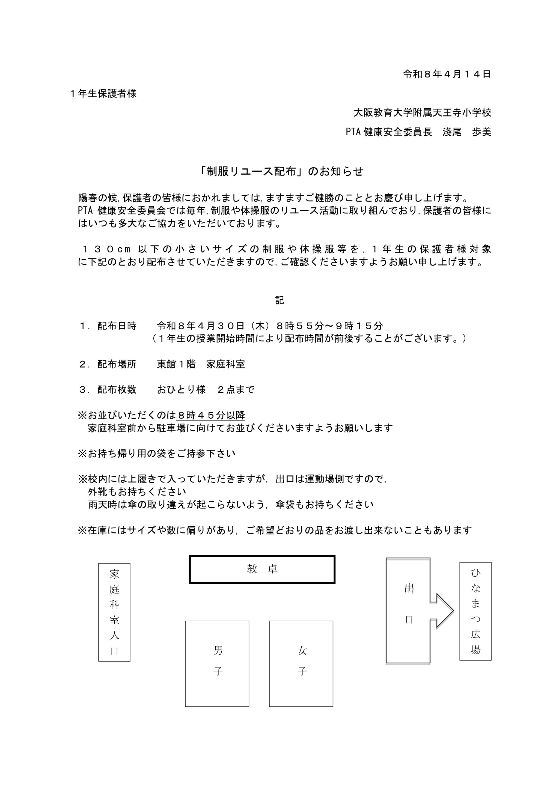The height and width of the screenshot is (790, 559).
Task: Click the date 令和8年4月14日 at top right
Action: point(447,74)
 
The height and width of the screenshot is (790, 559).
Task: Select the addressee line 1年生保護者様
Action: point(103,94)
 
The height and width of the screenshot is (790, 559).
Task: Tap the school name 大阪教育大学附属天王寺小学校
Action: point(422,112)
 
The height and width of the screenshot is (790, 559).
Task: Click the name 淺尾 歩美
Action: point(467,132)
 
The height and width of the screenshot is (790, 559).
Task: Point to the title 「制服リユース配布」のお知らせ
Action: point(281,171)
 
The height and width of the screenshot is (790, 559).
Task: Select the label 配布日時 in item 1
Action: point(117,326)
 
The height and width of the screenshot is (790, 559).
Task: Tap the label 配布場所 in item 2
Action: point(117,364)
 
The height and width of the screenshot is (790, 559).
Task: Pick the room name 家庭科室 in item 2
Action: point(225,364)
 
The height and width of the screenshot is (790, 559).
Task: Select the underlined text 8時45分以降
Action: point(211,415)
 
